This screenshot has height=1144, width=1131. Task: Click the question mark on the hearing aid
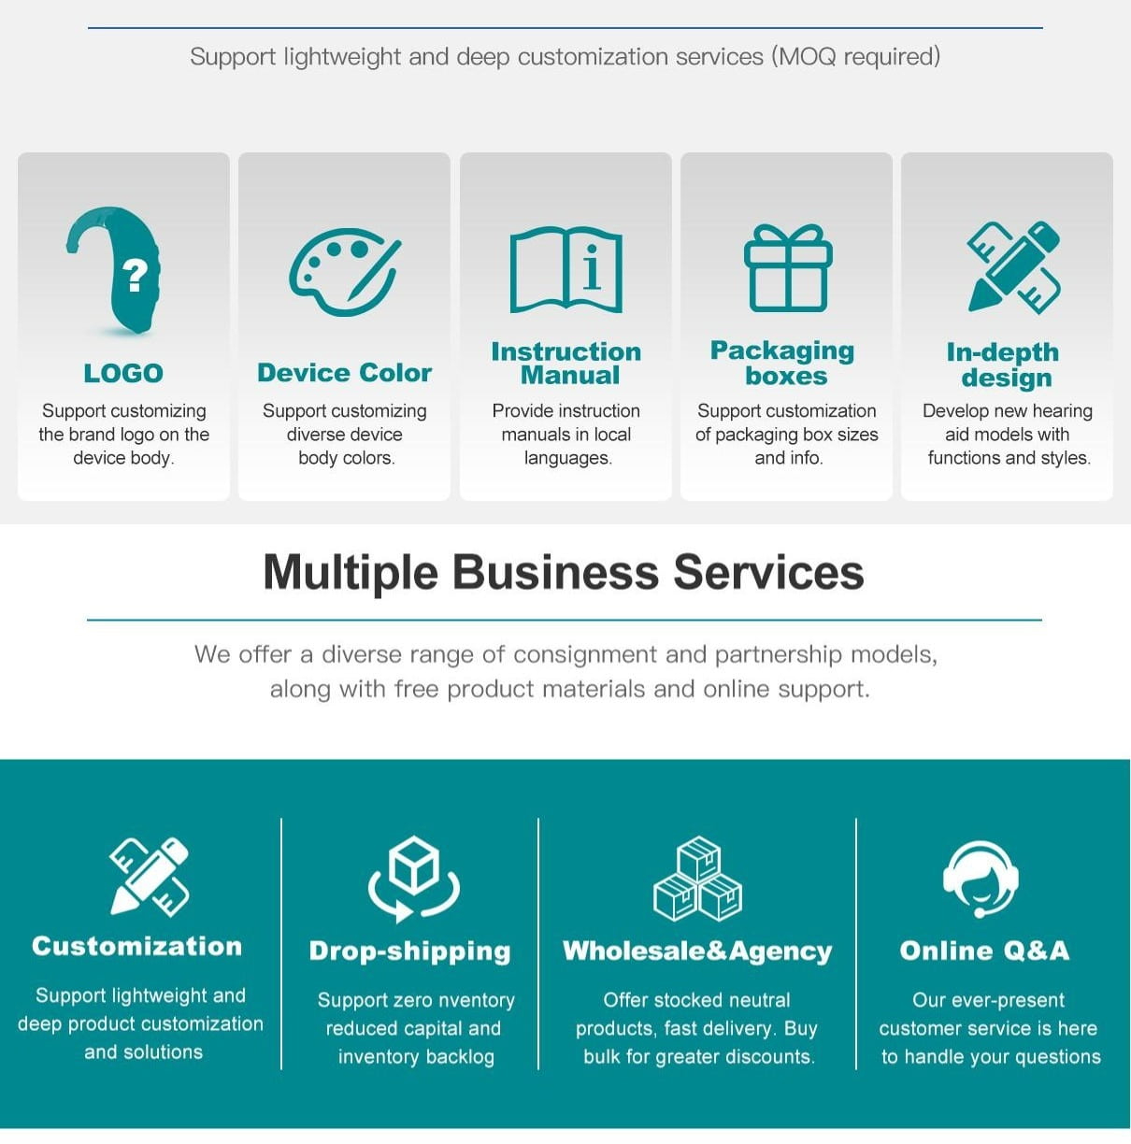[136, 276]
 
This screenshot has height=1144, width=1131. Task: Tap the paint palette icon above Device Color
[344, 271]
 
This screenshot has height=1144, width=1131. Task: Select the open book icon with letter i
[565, 269]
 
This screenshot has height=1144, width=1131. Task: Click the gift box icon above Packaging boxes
[788, 268]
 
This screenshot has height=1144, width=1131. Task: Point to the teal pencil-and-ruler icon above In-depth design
[1013, 266]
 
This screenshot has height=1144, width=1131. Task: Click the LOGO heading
[123, 373]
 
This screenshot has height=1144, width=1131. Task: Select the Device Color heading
[344, 373]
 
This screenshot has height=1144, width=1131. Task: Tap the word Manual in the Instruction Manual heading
[570, 376]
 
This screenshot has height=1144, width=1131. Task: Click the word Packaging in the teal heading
[782, 350]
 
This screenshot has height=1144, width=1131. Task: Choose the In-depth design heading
[1004, 365]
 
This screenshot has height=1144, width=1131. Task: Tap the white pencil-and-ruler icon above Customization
[149, 876]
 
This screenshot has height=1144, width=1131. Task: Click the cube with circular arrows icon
[413, 879]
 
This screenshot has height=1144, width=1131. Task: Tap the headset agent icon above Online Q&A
[980, 879]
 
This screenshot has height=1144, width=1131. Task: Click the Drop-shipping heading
[409, 951]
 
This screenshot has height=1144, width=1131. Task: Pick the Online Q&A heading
[984, 951]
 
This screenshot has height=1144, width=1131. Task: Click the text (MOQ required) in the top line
[855, 57]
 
